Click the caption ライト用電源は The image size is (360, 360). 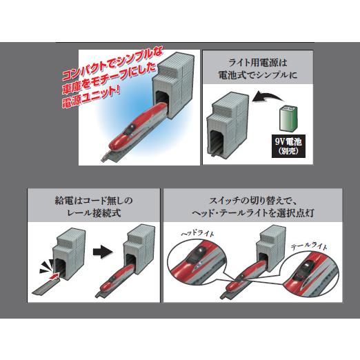[261, 61]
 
